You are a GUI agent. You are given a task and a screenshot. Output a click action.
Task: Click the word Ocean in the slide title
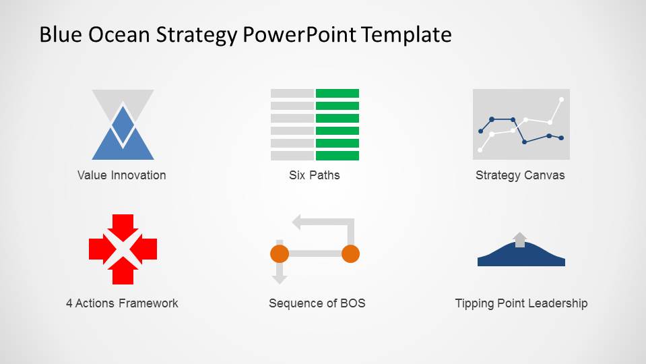[119, 34]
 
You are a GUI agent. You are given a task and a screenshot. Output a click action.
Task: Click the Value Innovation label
[121, 175]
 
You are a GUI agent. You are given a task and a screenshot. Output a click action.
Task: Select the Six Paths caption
[315, 175]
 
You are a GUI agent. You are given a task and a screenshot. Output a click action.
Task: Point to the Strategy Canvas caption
[520, 176]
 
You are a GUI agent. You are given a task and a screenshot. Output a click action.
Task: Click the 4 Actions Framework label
[122, 303]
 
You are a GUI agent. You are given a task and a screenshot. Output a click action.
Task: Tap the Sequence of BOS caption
[317, 303]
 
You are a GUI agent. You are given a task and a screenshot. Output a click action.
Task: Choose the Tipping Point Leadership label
[521, 304]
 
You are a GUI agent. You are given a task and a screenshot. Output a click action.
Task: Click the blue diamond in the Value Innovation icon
[123, 125]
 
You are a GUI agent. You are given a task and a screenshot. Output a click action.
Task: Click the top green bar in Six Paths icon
[337, 93]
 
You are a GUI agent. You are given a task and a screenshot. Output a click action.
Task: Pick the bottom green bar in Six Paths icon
[337, 156]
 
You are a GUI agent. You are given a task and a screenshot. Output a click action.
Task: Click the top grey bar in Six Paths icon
[292, 93]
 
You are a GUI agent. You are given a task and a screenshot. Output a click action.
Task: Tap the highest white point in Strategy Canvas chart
[561, 99]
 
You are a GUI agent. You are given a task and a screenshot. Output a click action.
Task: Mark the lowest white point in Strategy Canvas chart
[480, 150]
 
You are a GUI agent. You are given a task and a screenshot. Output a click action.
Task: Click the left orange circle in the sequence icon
[280, 253]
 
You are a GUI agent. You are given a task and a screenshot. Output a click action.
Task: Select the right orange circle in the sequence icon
[350, 253]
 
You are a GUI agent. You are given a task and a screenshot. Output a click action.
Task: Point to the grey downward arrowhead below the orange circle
[280, 279]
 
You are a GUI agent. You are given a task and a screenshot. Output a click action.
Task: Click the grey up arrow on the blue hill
[520, 239]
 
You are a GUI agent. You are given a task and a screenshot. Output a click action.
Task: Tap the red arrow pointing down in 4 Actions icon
[123, 227]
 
